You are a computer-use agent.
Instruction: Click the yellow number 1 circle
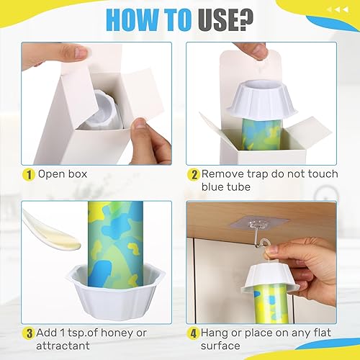point(28,175)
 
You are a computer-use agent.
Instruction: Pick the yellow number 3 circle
point(28,333)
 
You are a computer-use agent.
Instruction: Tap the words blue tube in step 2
point(228,187)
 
